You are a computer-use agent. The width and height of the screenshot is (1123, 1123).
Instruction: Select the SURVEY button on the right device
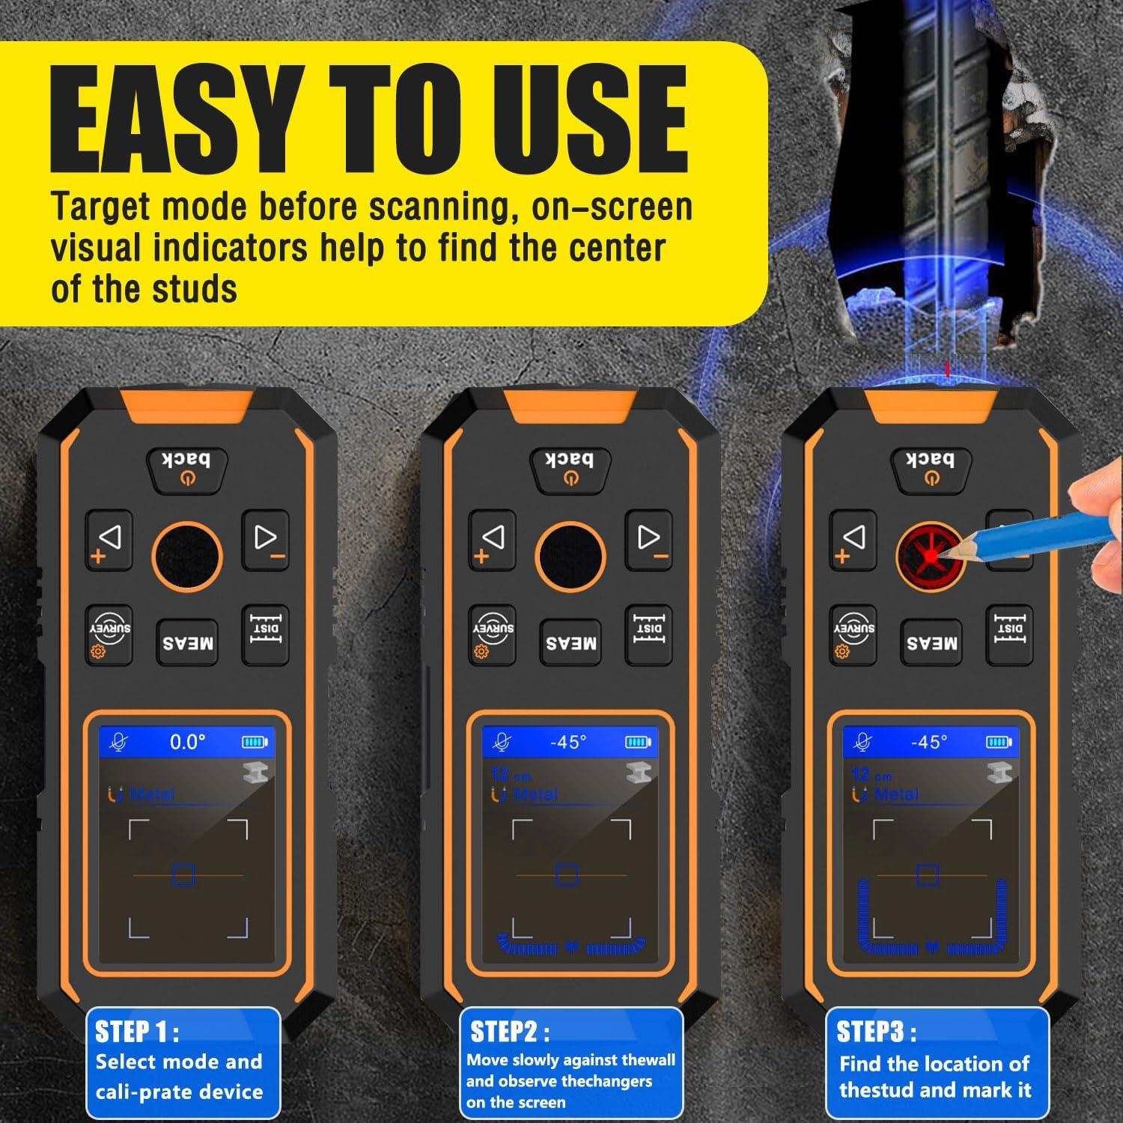click(x=853, y=636)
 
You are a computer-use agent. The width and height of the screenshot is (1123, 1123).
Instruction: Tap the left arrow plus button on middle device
click(x=492, y=540)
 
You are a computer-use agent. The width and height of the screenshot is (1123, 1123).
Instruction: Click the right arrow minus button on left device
click(x=266, y=540)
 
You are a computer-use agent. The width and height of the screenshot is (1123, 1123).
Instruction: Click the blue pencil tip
click(x=946, y=553)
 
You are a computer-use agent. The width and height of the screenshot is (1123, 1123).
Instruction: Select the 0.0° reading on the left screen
click(x=187, y=742)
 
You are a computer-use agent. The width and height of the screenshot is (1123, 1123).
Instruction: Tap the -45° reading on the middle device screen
click(x=568, y=742)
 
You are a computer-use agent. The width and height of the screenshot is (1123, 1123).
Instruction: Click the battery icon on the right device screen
click(x=998, y=742)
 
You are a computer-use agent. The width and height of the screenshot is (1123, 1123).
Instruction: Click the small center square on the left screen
click(x=183, y=874)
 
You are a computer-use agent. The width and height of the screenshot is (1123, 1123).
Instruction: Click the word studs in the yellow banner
click(x=196, y=290)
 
